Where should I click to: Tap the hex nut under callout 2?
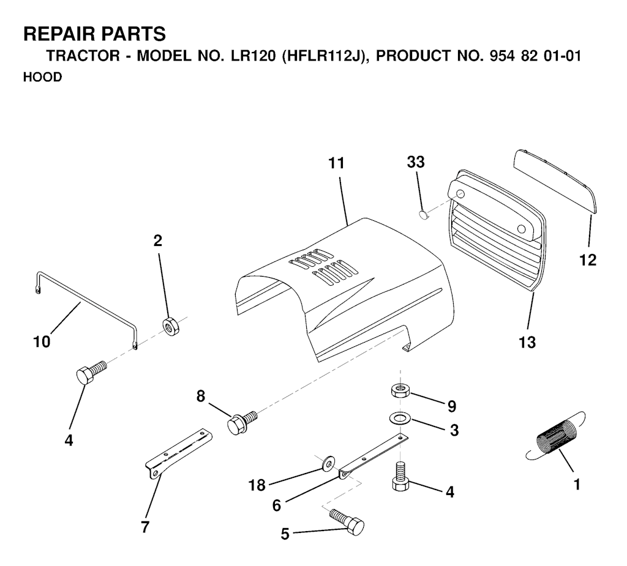click(x=171, y=327)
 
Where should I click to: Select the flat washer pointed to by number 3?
click(x=399, y=419)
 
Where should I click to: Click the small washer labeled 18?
click(x=328, y=464)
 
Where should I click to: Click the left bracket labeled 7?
click(x=178, y=453)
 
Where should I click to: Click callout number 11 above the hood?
click(x=336, y=163)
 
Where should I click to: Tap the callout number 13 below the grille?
click(x=527, y=342)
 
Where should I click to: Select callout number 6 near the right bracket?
click(x=277, y=505)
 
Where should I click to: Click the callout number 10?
click(x=42, y=342)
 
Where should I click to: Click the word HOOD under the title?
click(x=43, y=76)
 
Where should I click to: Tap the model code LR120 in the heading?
click(x=253, y=56)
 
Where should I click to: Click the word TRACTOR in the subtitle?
click(x=83, y=56)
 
